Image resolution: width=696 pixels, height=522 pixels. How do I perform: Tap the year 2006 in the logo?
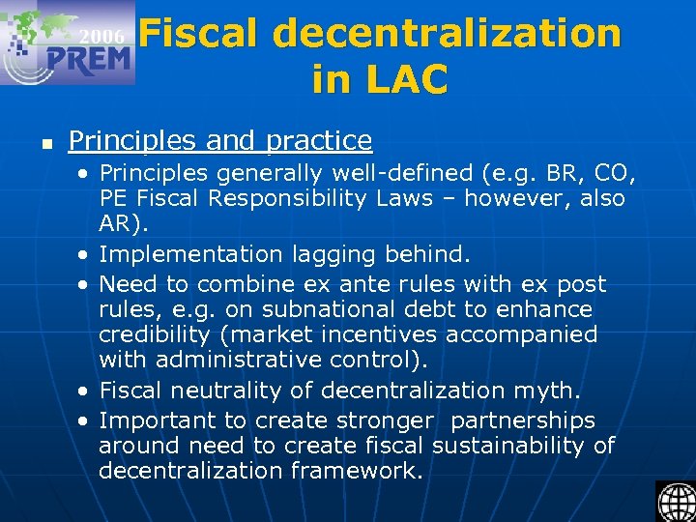101,37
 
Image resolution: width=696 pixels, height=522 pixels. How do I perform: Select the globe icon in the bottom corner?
675,501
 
